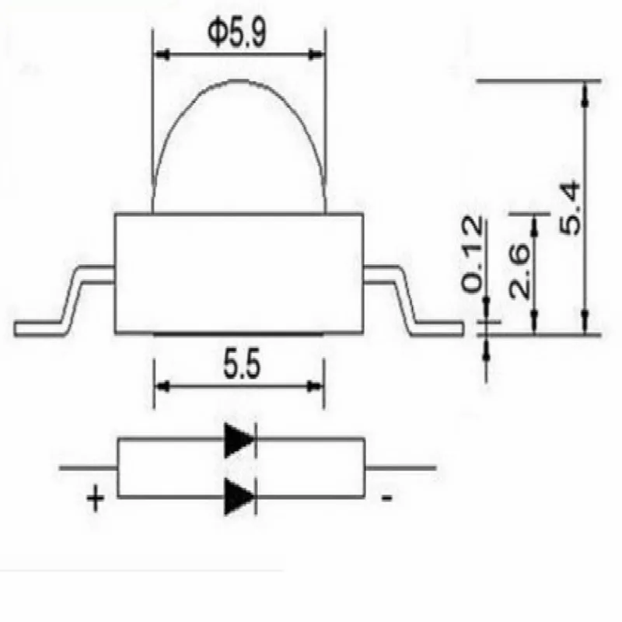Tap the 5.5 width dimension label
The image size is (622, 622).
(242, 364)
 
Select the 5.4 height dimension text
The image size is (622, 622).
(570, 209)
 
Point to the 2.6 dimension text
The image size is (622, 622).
(519, 271)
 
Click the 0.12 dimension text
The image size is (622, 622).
(472, 254)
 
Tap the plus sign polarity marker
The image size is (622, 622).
(95, 497)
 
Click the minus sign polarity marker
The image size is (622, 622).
(386, 498)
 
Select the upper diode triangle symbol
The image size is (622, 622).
(239, 440)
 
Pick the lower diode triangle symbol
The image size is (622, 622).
(239, 497)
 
